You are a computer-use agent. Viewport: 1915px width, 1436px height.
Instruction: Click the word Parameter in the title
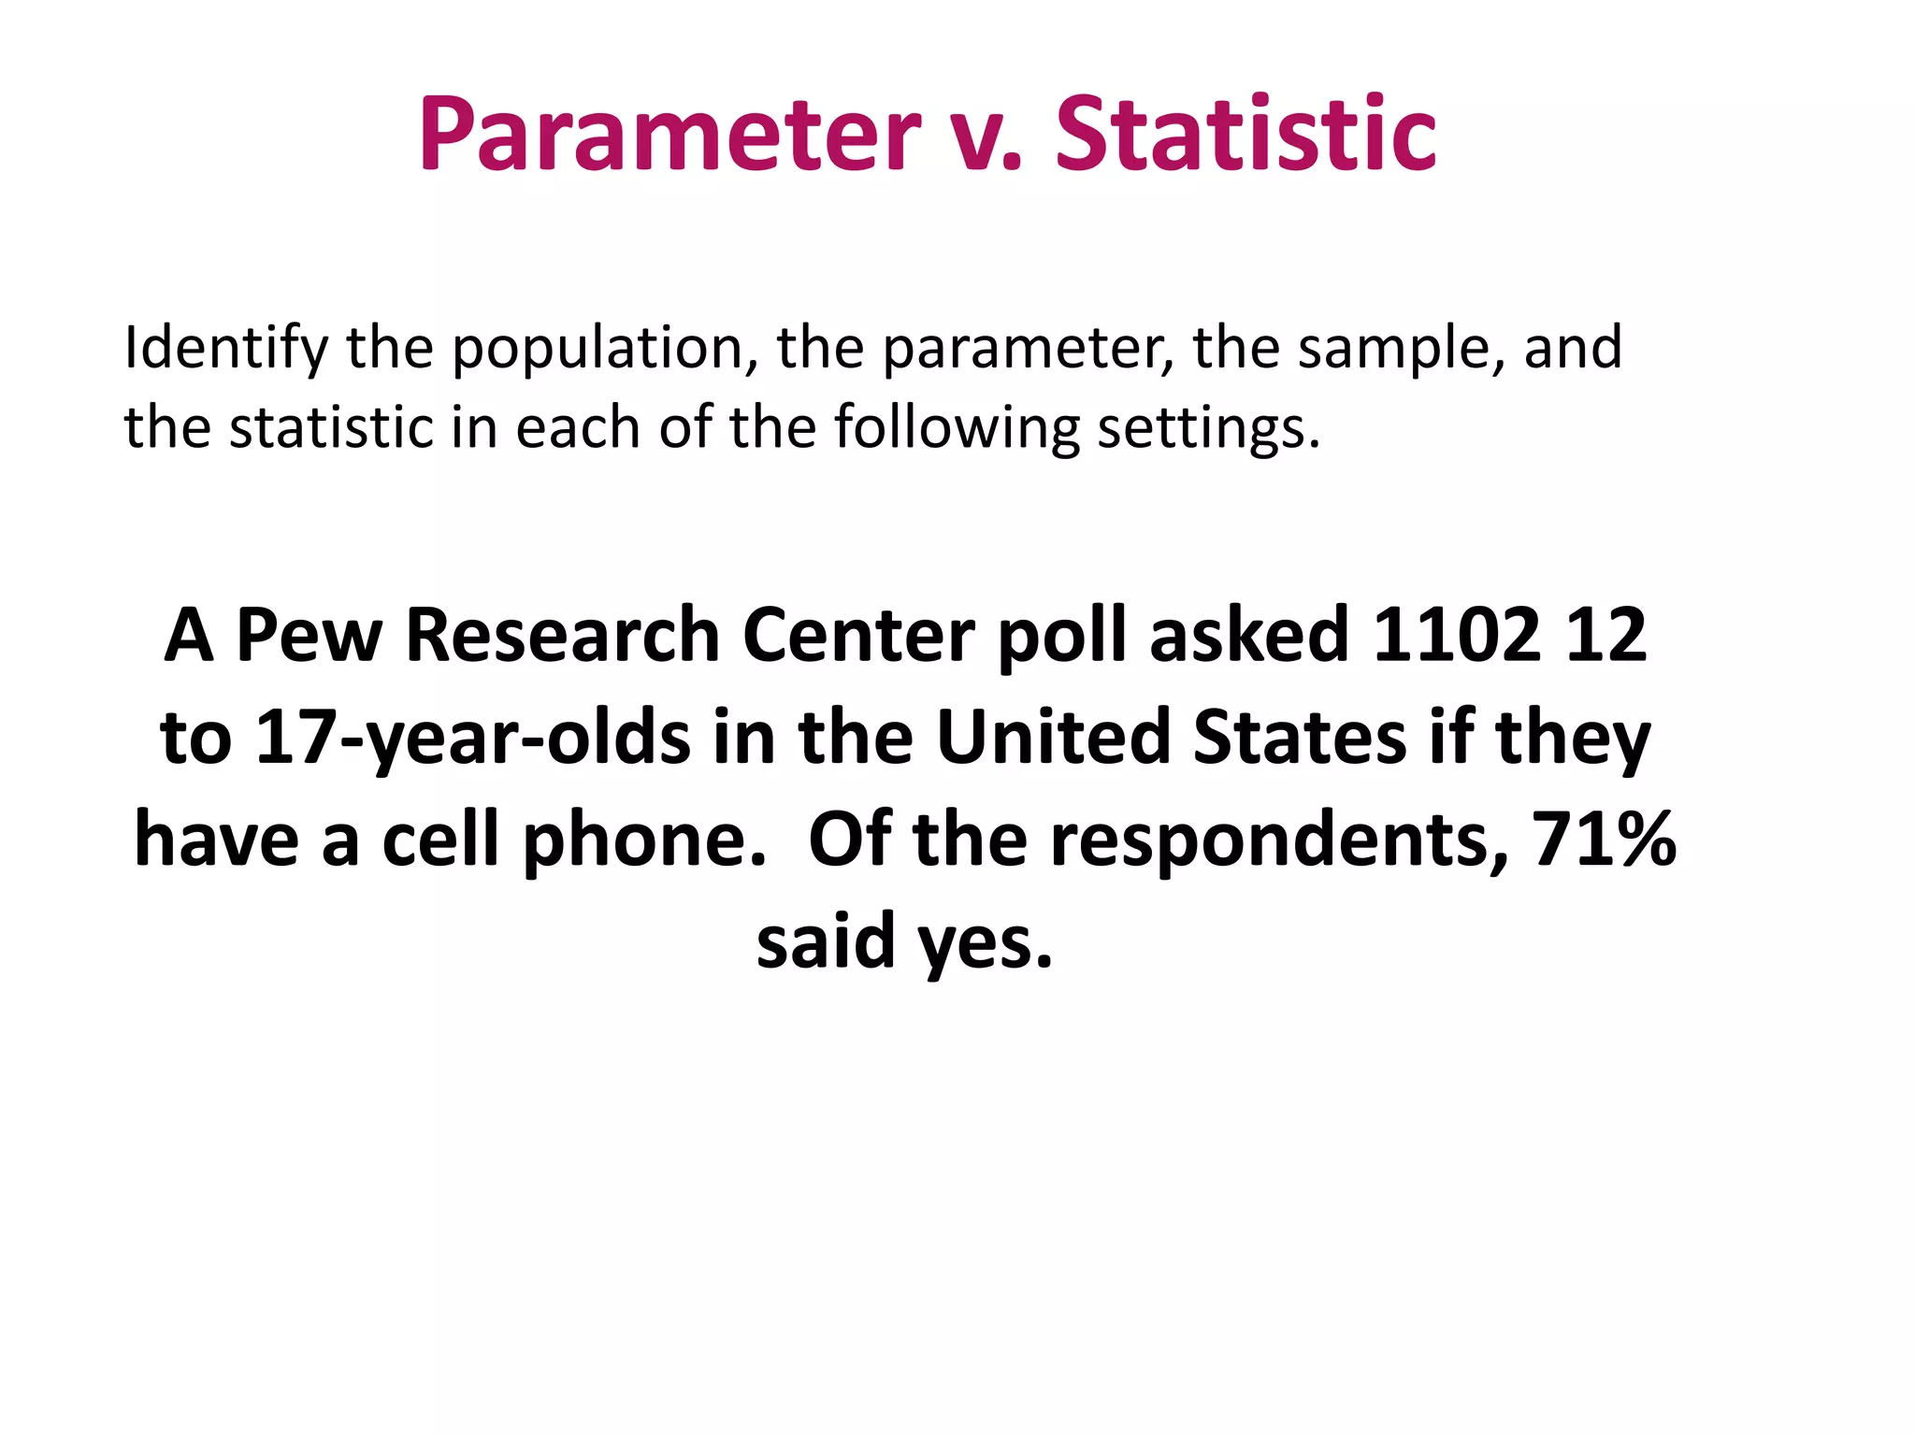pyautogui.click(x=670, y=136)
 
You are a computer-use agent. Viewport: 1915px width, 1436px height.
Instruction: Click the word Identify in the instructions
pyautogui.click(x=225, y=349)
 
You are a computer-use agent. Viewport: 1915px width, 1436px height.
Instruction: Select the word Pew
pyautogui.click(x=310, y=636)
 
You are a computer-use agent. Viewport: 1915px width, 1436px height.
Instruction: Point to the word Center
pyautogui.click(x=858, y=636)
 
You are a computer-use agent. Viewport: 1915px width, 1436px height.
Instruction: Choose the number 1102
pyautogui.click(x=1457, y=636)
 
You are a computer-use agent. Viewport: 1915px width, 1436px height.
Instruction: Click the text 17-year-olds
pyautogui.click(x=472, y=739)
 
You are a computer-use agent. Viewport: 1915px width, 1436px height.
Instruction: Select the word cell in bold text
pyautogui.click(x=440, y=839)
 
